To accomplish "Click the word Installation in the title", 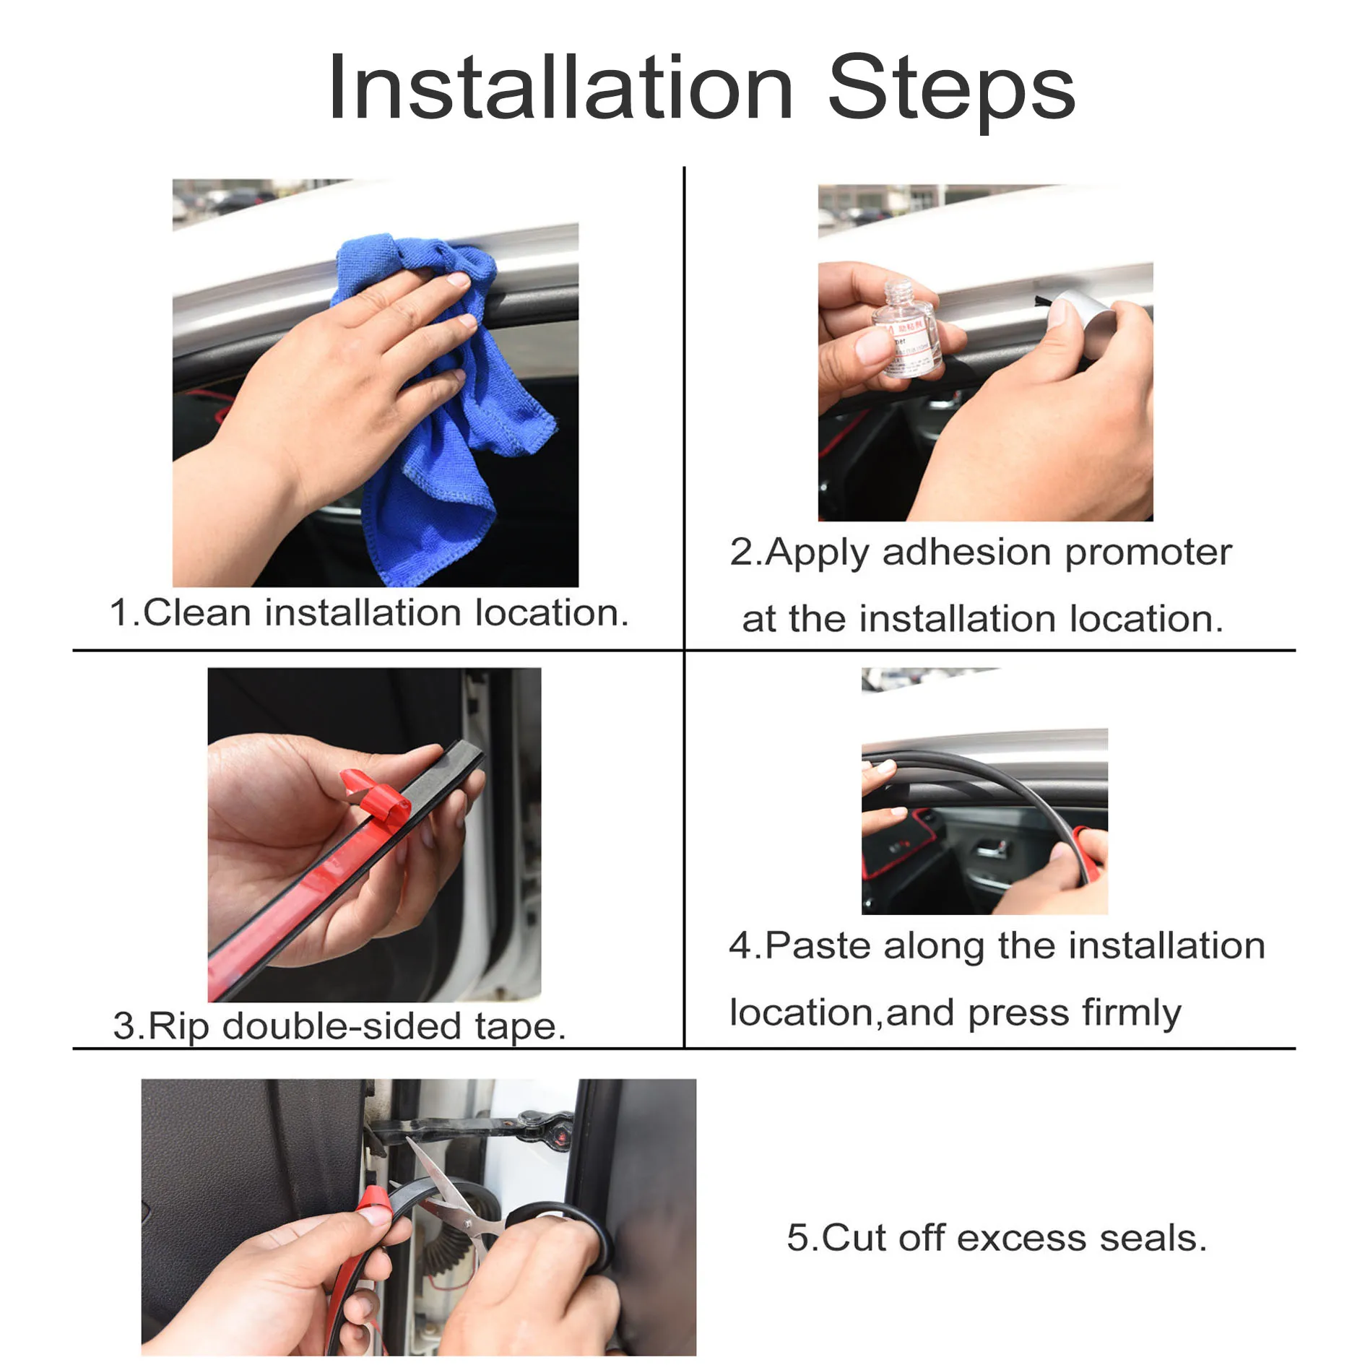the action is coord(560,88).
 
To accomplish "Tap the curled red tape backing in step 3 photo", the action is coord(376,798).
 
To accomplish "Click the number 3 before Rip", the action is coord(123,1026).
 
